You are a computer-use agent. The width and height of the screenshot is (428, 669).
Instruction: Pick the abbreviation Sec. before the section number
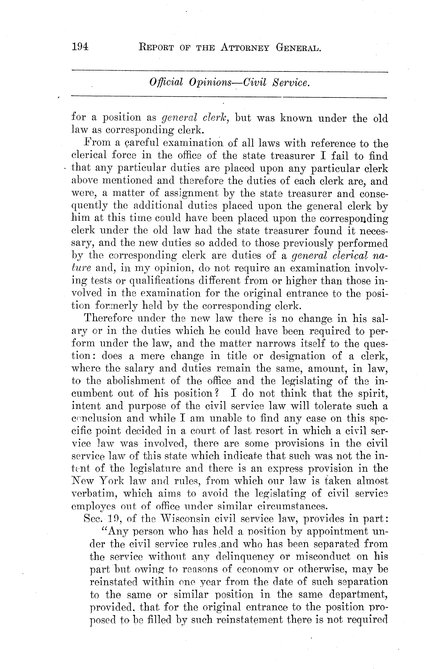click(x=92, y=518)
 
